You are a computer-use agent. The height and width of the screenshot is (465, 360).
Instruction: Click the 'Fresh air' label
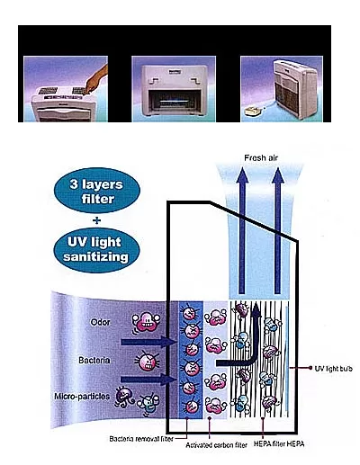261,157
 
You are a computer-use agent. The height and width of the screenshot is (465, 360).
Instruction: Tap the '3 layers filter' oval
97,191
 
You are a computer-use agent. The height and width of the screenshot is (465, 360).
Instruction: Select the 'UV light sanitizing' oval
96,250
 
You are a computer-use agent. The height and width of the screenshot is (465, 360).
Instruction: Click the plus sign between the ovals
96,220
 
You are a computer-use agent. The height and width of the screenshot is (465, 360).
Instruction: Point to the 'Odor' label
100,322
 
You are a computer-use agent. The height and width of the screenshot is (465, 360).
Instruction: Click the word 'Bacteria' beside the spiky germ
94,360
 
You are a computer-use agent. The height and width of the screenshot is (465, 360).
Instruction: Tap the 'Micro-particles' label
82,397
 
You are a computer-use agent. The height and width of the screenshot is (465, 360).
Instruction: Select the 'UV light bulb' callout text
333,369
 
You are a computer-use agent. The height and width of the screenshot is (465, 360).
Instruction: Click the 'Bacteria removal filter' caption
141,439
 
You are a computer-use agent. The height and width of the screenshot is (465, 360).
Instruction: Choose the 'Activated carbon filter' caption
216,445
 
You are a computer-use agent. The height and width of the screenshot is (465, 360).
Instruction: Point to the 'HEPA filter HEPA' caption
279,443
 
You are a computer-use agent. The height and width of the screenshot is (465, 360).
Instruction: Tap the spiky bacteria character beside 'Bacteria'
147,361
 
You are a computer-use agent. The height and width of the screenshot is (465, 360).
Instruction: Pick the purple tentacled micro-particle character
124,398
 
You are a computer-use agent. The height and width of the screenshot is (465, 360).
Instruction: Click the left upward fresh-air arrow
242,230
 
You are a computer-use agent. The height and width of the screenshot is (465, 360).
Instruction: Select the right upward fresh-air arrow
278,230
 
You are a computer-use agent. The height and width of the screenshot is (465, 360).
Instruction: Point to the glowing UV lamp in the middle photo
173,102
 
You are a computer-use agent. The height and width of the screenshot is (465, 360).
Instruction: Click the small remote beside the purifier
254,111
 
